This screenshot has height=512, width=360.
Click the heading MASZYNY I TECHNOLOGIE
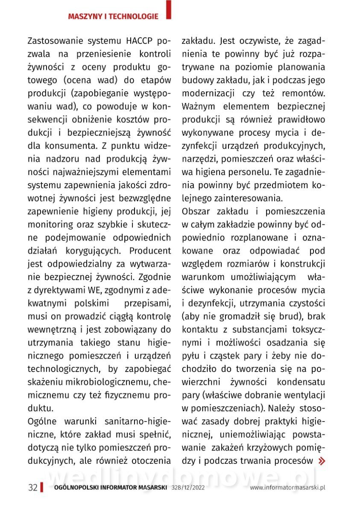[x=113, y=17]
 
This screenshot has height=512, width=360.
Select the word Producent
[x=150, y=250]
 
